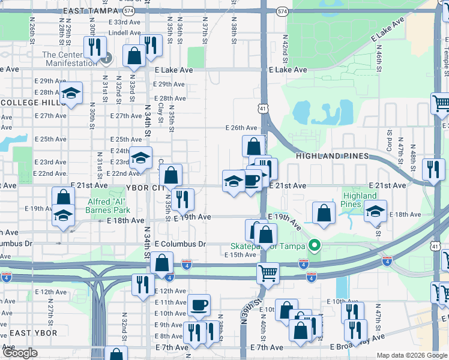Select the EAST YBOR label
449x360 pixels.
(33, 333)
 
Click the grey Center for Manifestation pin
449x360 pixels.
(107, 59)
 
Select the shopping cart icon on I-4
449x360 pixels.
(268, 273)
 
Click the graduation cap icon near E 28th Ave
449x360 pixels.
(71, 93)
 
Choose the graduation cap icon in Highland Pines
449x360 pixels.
(376, 211)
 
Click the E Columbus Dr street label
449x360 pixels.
(180, 244)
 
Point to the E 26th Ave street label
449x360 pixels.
(241, 128)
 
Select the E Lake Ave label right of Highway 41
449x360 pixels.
(288, 70)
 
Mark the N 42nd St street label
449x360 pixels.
(286, 46)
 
